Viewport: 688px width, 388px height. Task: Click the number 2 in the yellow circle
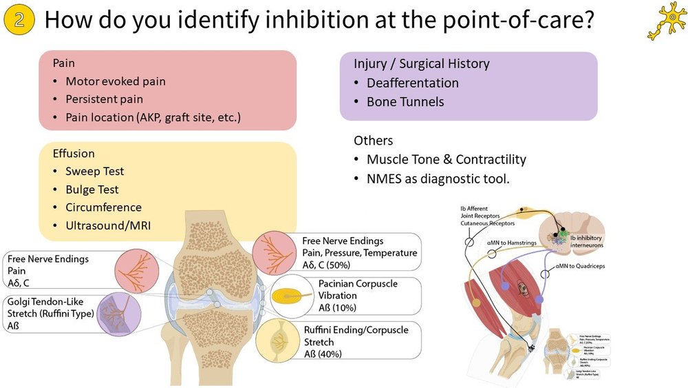coord(20,20)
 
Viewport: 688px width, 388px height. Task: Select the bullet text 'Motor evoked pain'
coord(115,81)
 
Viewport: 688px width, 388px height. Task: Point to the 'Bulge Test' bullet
coord(92,190)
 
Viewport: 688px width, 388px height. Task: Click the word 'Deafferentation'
coord(412,83)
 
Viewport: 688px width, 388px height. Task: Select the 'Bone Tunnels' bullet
coord(405,102)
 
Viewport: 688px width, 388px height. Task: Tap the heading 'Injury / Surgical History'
coord(421,64)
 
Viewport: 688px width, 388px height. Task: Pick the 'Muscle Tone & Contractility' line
coord(446,160)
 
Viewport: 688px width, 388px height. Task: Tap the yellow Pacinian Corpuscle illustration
coord(286,296)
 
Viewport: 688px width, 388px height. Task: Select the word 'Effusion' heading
coord(74,154)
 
